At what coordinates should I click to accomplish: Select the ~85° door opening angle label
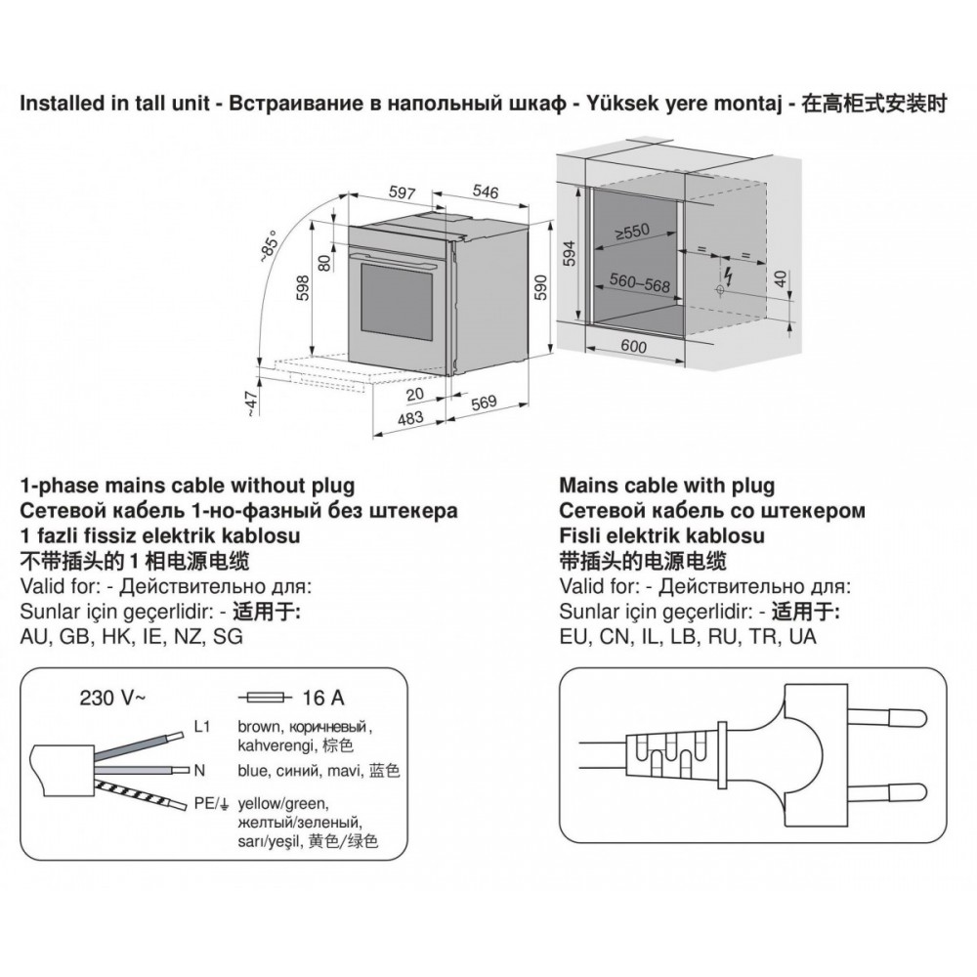[x=269, y=243]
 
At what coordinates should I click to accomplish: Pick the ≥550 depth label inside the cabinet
[x=632, y=234]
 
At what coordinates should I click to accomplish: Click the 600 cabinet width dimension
[x=634, y=345]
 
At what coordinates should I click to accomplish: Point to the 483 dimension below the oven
[x=409, y=419]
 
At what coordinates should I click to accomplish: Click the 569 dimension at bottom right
[x=485, y=402]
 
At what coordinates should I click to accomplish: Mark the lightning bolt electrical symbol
[x=728, y=271]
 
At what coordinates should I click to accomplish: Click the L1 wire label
[x=203, y=728]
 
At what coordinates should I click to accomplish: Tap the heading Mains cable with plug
[x=666, y=486]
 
